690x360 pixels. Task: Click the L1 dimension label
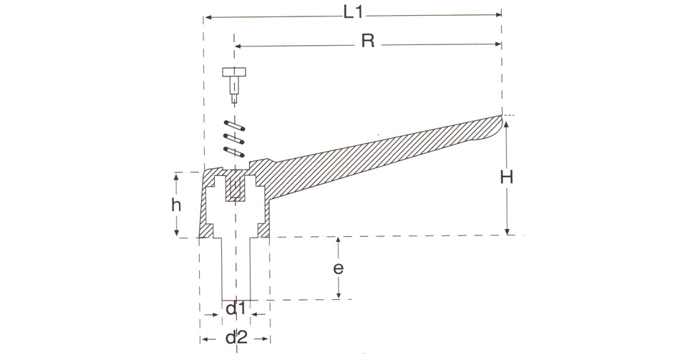click(x=353, y=13)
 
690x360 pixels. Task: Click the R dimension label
click(x=368, y=41)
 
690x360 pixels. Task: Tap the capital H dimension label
click(x=507, y=177)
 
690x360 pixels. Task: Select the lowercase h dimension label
click(x=176, y=205)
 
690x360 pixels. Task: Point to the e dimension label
click(x=338, y=268)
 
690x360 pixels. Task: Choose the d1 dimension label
click(x=235, y=309)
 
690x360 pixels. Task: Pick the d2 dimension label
click(x=237, y=338)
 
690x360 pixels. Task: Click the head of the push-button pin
click(x=234, y=72)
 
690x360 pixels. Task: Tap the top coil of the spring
click(x=234, y=125)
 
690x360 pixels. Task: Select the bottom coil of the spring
click(x=234, y=152)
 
